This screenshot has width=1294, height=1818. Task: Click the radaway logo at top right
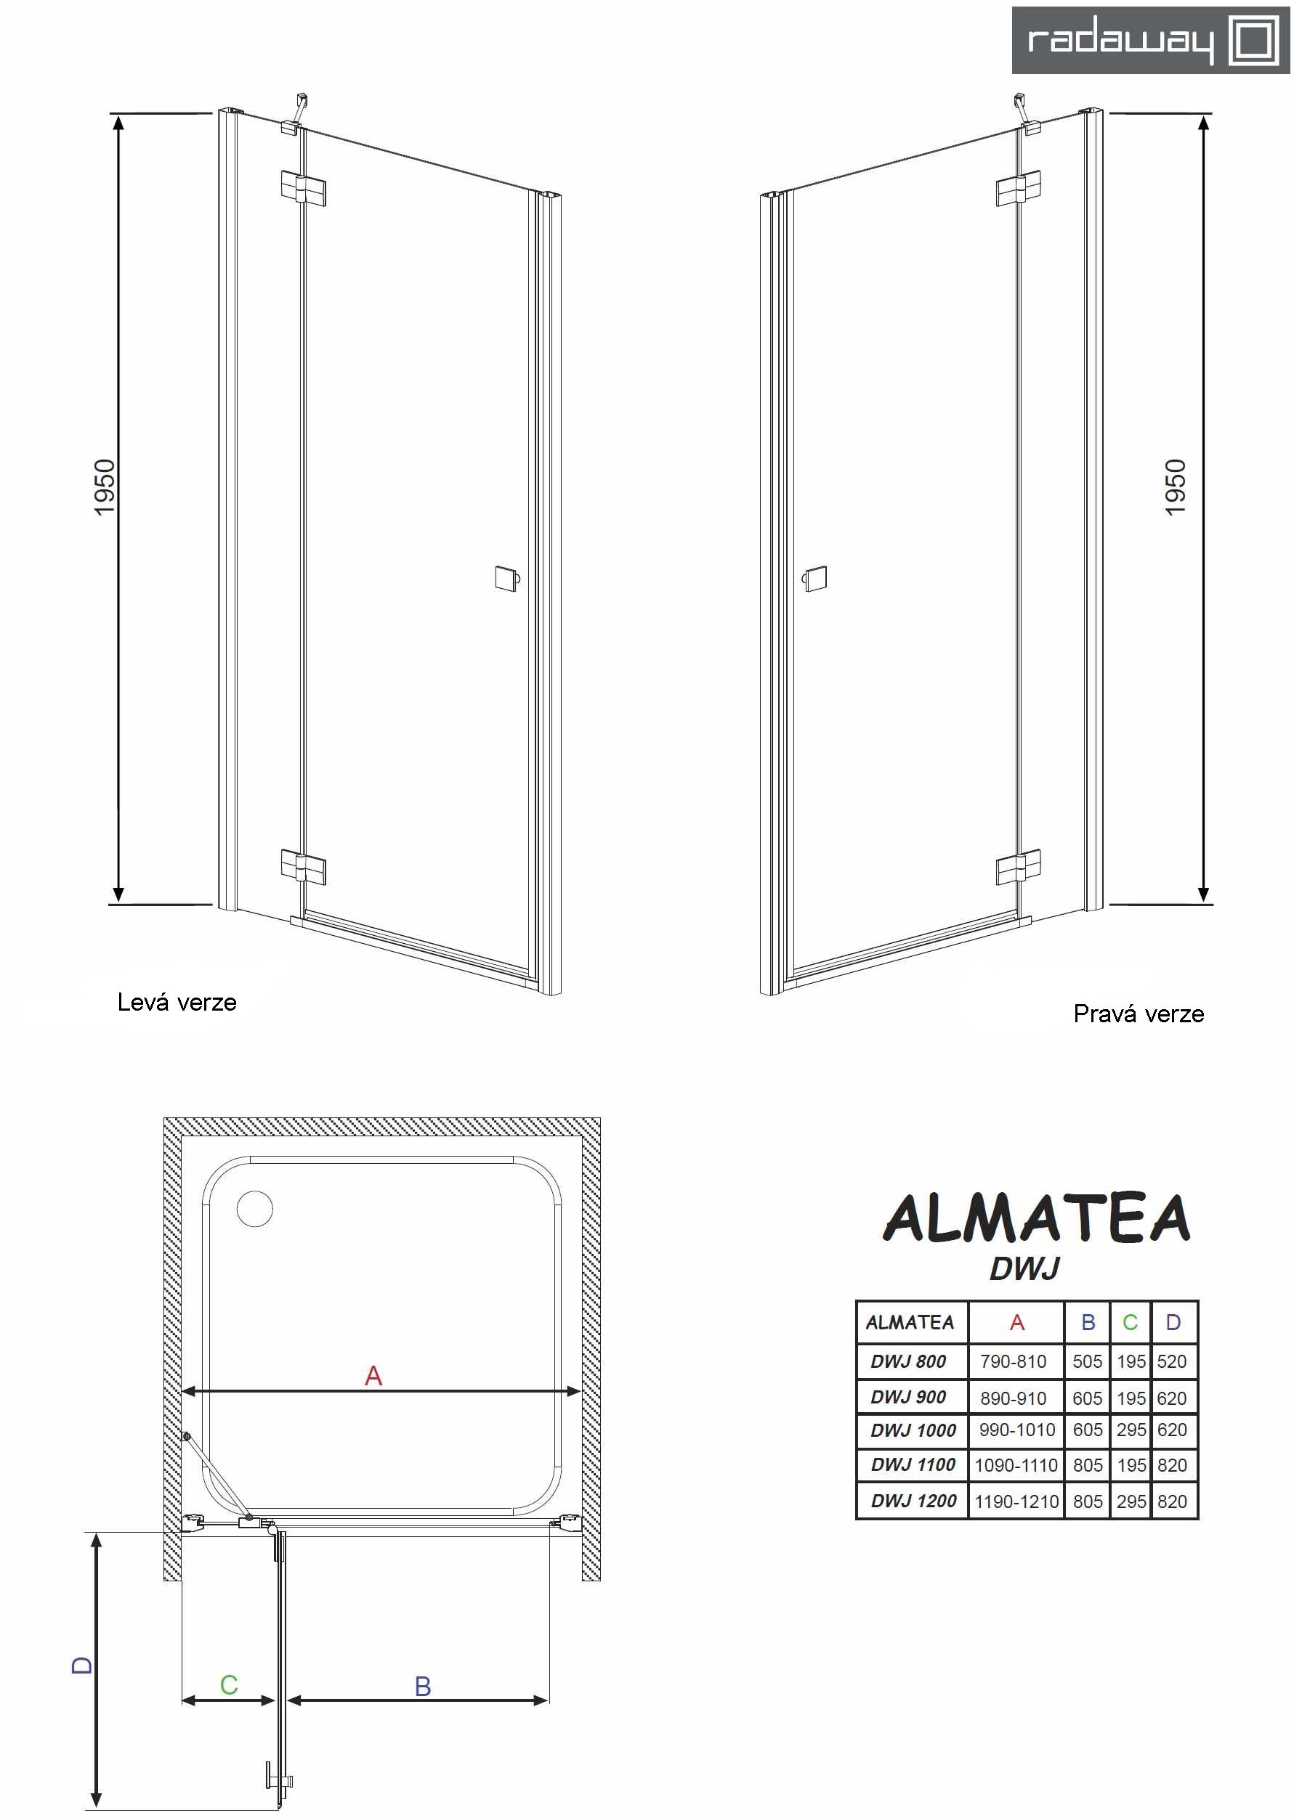tap(1151, 40)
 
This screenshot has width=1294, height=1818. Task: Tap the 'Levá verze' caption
tap(177, 1002)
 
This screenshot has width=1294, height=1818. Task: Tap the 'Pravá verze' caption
tap(1139, 1014)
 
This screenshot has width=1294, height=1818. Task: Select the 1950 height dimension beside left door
tap(105, 487)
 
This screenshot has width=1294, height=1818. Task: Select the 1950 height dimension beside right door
tap(1176, 487)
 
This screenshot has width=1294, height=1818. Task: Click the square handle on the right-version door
tap(814, 578)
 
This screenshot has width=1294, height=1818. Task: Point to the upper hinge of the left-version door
tap(303, 189)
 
